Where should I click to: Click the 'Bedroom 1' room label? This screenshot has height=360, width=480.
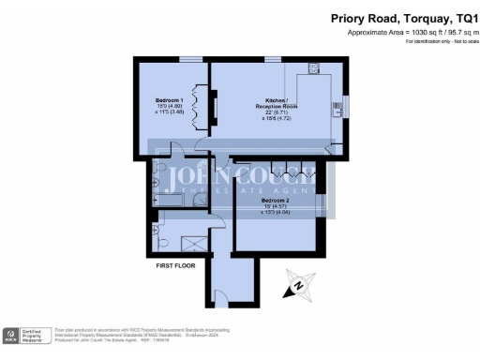170,98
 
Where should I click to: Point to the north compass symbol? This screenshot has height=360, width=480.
296,287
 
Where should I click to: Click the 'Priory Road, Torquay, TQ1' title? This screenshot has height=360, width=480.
402,18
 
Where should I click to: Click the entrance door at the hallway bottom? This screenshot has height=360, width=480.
232,305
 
